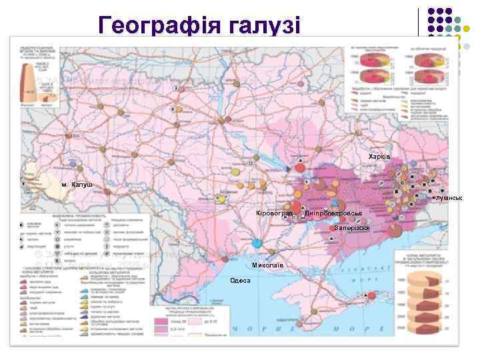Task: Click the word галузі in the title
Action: point(265,25)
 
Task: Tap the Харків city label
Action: point(379,156)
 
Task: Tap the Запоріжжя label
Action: point(352,228)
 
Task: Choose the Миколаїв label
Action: point(267,265)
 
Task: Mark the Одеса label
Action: point(240,280)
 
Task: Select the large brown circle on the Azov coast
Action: point(394,230)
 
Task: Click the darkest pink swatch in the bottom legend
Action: point(162,321)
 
